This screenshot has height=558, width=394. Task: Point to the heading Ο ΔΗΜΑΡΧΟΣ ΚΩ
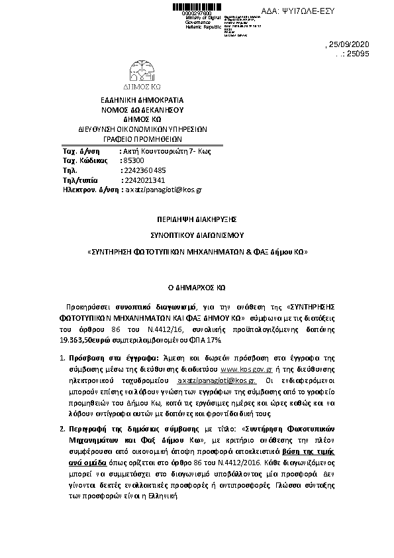pyautogui.click(x=197, y=289)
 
